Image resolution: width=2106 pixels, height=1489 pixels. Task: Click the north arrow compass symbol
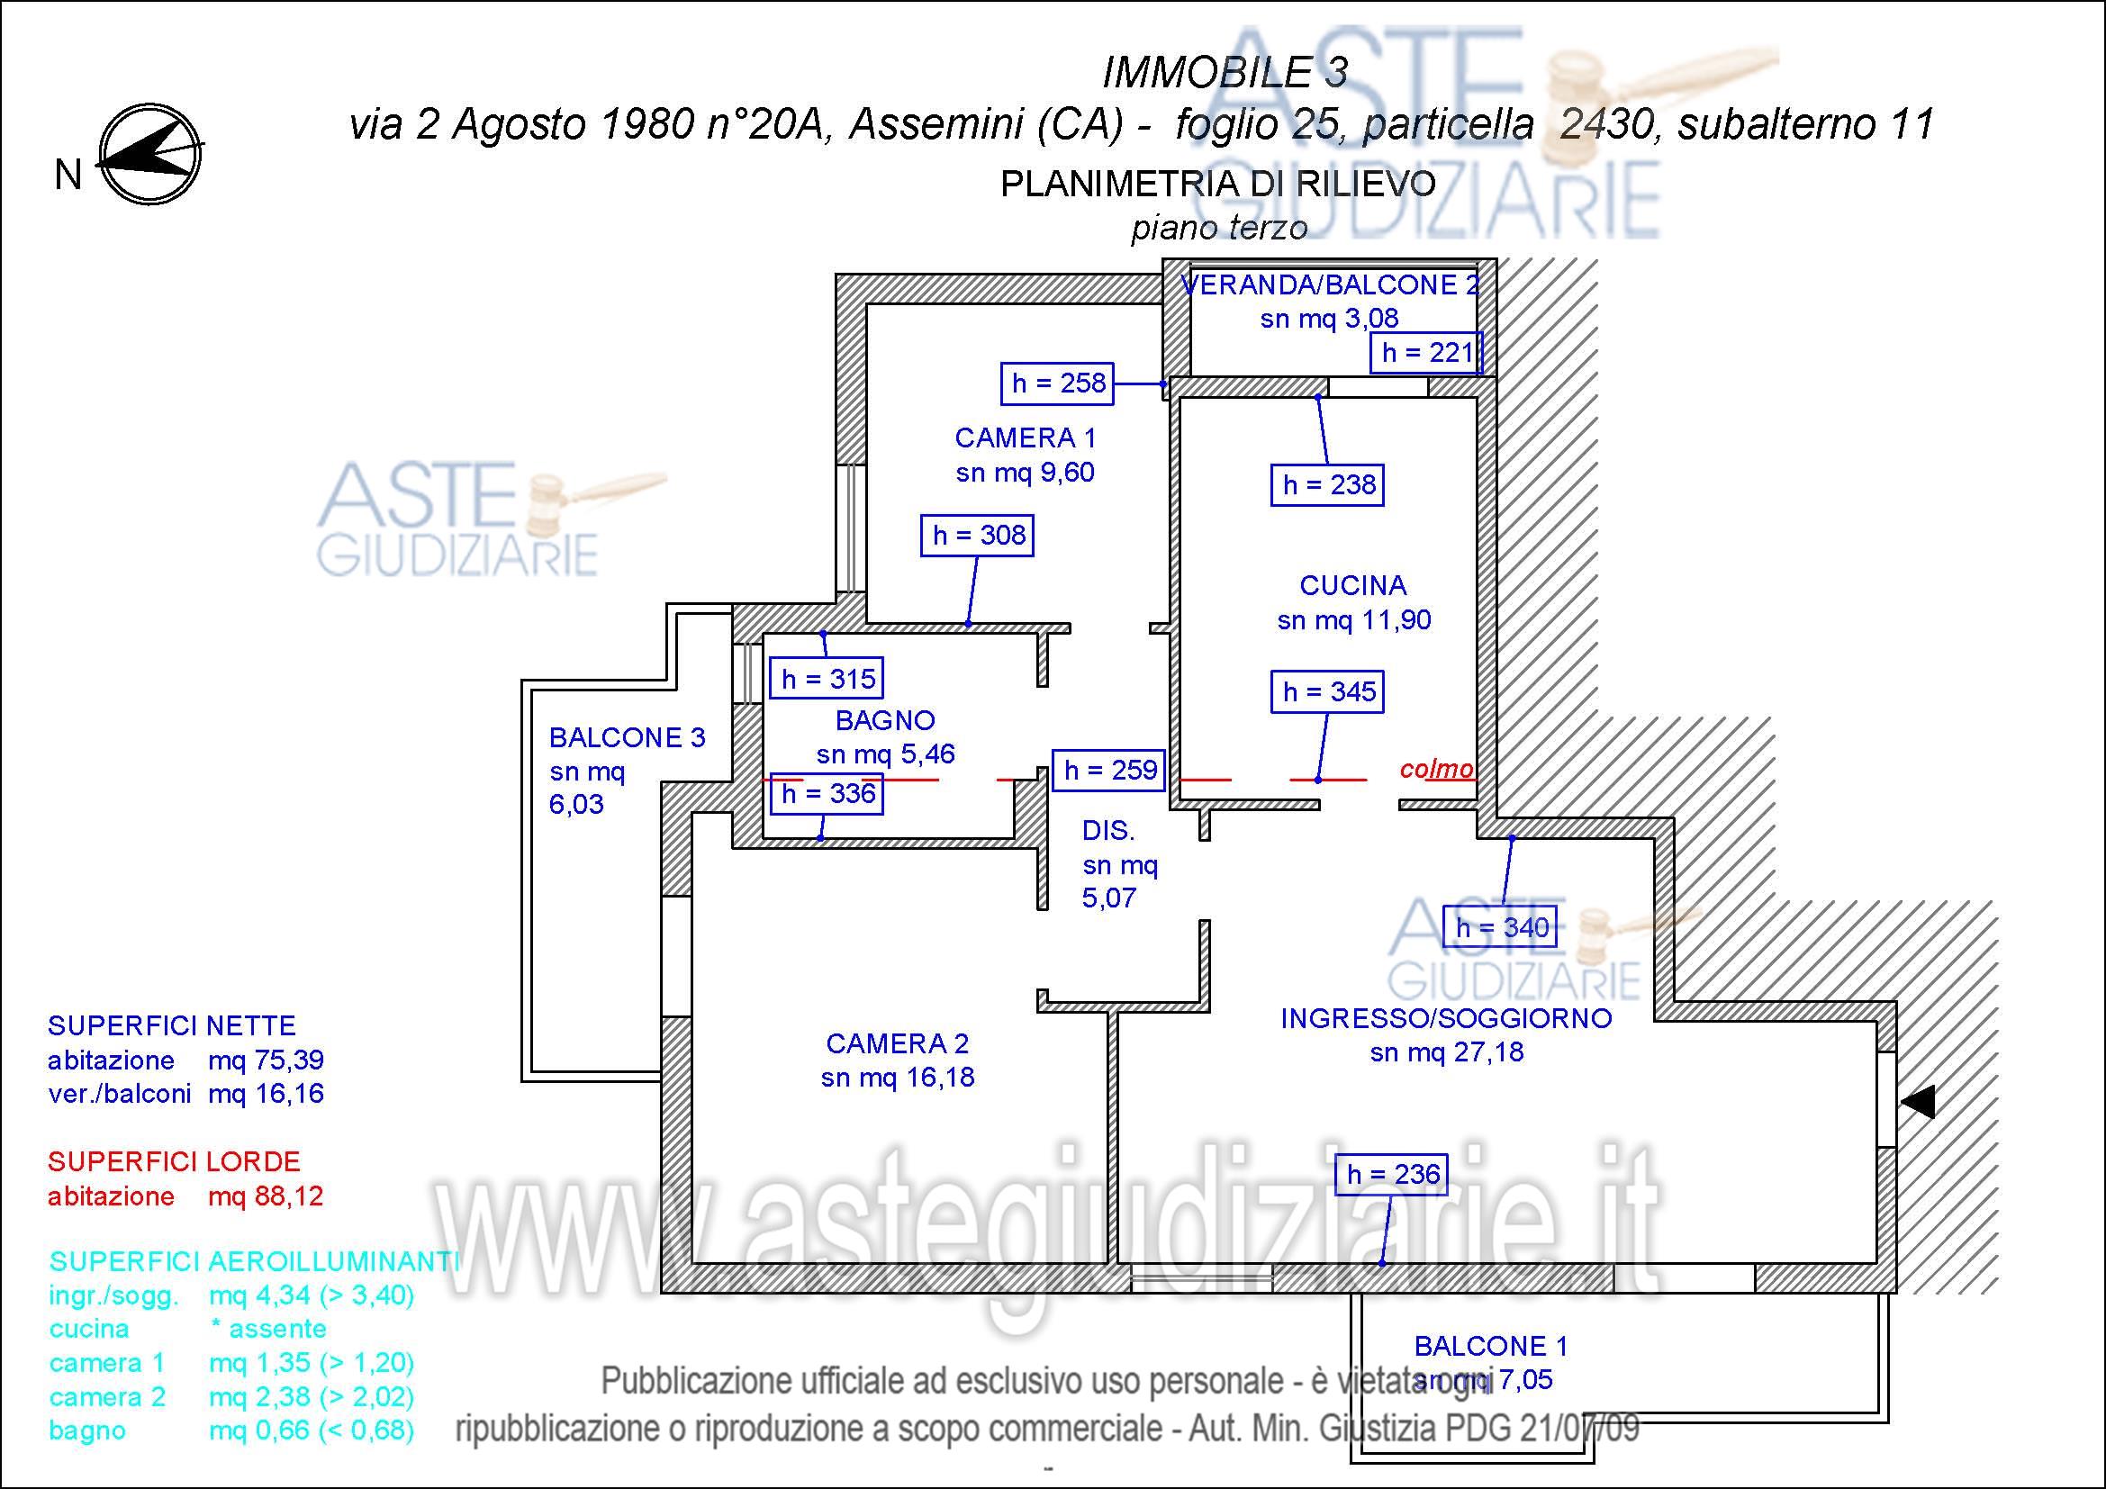(150, 153)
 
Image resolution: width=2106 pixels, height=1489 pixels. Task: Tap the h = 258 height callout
(1058, 384)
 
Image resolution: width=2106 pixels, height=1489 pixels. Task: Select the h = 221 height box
(1426, 353)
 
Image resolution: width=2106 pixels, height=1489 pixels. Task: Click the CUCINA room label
(1353, 585)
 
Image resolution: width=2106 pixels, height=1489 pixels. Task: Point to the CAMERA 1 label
(1026, 438)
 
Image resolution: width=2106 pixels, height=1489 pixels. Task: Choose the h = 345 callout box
(1327, 691)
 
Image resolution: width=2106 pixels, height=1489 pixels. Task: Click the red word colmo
(1436, 769)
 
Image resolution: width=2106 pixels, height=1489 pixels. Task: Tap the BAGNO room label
(885, 721)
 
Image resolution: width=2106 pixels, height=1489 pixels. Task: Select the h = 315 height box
(827, 680)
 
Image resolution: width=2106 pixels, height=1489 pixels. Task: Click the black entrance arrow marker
(1918, 1101)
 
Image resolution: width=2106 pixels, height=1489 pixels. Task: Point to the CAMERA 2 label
(897, 1043)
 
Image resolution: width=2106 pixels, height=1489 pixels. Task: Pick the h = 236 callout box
(1391, 1175)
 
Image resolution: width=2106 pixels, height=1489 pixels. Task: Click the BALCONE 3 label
(628, 737)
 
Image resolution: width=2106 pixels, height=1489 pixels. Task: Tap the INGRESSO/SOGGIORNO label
(1447, 1018)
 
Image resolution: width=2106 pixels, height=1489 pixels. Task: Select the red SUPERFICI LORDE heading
(175, 1161)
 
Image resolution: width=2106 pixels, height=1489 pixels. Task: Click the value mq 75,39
(266, 1060)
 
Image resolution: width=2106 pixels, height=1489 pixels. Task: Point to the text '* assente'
(268, 1329)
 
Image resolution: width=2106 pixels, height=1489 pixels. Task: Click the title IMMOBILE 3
(1225, 73)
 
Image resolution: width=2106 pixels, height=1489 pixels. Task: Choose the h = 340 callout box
(1502, 927)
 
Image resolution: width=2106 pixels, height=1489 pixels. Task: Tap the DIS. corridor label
(1108, 831)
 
